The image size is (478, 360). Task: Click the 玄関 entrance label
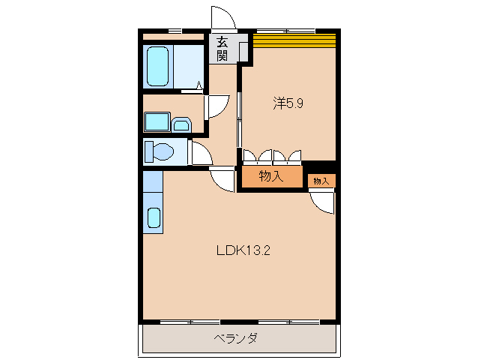click(x=223, y=49)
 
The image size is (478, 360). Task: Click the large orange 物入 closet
click(x=270, y=177)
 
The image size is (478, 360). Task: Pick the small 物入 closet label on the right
click(x=321, y=181)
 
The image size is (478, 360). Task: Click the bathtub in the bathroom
click(x=158, y=66)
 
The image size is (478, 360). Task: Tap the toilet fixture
click(x=160, y=152)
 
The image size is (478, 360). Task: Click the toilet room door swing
click(x=200, y=154)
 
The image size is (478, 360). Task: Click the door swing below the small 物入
click(x=324, y=199)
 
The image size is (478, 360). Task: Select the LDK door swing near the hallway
click(x=223, y=181)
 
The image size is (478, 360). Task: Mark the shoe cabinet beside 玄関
click(x=243, y=50)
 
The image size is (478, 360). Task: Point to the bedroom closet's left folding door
click(x=257, y=157)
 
